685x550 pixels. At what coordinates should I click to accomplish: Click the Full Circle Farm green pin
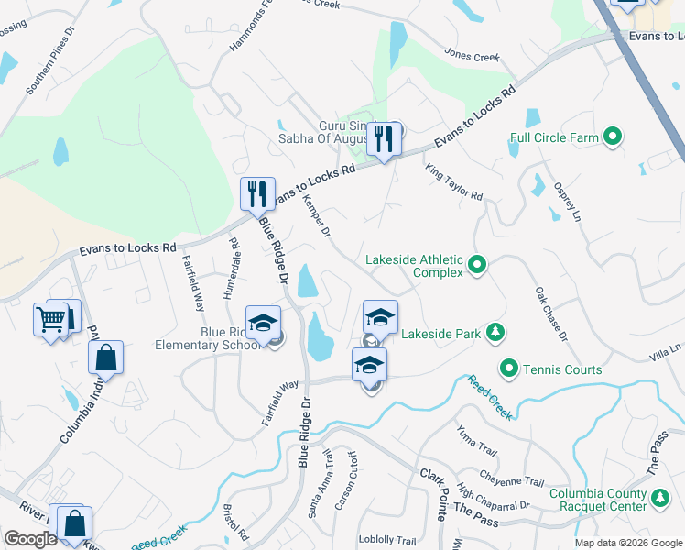click(x=614, y=138)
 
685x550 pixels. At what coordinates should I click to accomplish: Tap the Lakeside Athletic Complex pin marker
click(x=476, y=266)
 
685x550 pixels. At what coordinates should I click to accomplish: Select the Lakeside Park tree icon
click(x=495, y=331)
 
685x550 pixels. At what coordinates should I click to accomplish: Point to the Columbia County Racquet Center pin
click(x=659, y=499)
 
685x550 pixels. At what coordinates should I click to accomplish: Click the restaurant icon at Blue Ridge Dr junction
click(x=257, y=193)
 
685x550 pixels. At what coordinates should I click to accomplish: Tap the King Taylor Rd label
click(x=453, y=182)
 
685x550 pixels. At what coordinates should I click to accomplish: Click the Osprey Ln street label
click(x=567, y=202)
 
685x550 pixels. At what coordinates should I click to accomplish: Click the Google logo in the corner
click(x=30, y=539)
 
